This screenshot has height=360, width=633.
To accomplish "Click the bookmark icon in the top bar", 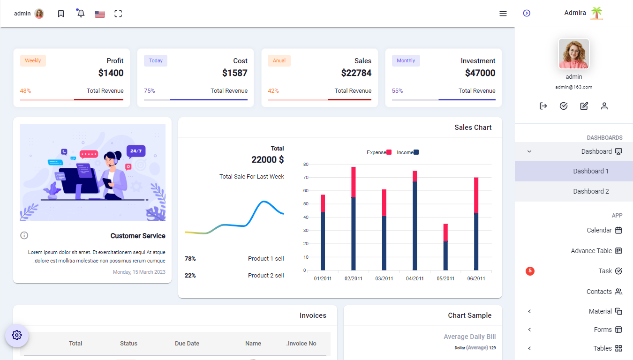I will (x=61, y=14).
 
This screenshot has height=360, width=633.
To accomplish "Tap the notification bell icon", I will (x=81, y=14).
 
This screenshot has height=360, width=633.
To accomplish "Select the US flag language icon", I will (x=99, y=14).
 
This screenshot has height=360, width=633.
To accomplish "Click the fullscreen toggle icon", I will (x=118, y=14).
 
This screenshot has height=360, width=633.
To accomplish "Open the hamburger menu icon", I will (x=503, y=14).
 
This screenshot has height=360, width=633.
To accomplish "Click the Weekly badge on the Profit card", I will (x=33, y=60).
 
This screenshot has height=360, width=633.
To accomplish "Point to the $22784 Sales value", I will (x=356, y=73).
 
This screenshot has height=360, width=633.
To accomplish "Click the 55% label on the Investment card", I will (x=397, y=91).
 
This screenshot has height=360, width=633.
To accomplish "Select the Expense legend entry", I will (x=379, y=152).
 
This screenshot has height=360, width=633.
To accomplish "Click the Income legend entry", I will (x=407, y=152).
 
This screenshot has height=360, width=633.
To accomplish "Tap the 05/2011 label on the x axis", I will (x=445, y=278).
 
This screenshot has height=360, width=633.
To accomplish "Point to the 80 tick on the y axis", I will (x=305, y=165).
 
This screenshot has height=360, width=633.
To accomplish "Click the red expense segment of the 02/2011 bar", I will (x=353, y=182).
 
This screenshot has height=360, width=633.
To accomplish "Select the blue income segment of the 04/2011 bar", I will (x=414, y=225).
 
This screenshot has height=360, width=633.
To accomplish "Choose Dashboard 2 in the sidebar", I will (x=591, y=191).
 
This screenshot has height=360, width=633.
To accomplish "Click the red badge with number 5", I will (x=530, y=271).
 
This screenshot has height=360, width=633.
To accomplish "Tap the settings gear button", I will (x=17, y=335).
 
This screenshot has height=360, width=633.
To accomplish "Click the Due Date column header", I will (x=187, y=344).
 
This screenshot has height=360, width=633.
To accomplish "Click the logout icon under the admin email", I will (x=543, y=106).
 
